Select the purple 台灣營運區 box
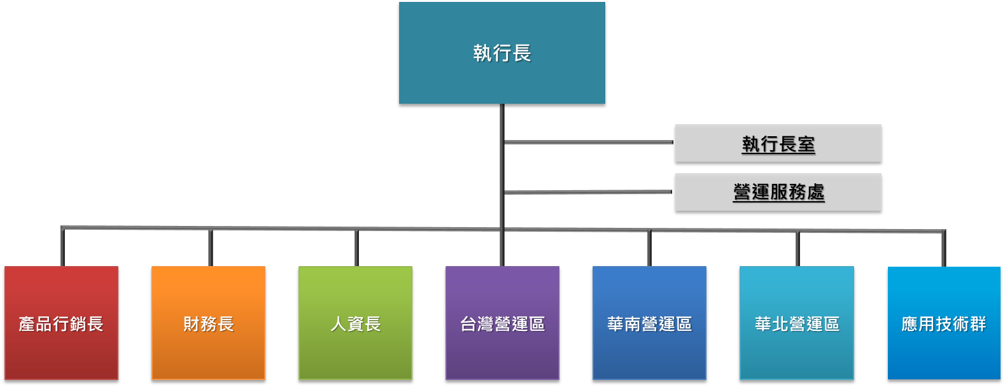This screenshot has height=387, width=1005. (502, 323)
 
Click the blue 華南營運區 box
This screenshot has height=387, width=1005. (649, 323)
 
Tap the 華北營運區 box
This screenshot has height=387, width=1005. (796, 323)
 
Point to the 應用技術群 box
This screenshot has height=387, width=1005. (944, 323)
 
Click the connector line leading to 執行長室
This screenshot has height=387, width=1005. (589, 142)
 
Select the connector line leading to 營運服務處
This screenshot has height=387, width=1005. (589, 192)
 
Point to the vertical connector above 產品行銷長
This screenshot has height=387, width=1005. (62, 247)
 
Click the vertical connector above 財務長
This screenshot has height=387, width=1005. (210, 248)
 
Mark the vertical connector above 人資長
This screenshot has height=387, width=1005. (356, 248)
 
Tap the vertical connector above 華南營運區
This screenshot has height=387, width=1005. (649, 248)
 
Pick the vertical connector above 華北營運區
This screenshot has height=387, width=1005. (798, 249)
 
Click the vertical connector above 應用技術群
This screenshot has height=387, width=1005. (943, 249)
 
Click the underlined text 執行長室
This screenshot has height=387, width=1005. (778, 144)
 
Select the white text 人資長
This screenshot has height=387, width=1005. (355, 324)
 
